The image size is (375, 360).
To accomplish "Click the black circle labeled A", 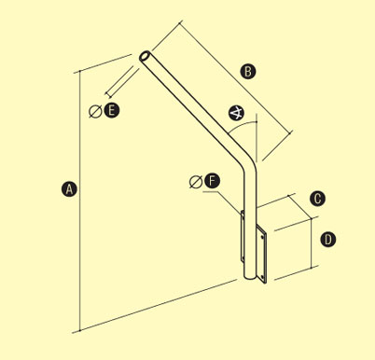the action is (x=69, y=188).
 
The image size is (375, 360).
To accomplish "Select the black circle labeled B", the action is (x=248, y=71).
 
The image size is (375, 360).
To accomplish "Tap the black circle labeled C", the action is (x=317, y=199).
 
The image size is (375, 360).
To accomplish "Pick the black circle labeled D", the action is (x=328, y=240).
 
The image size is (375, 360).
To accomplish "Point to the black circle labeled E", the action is (x=112, y=110).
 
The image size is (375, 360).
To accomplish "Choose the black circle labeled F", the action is (x=212, y=181).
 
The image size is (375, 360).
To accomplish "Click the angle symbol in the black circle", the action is (x=236, y=114).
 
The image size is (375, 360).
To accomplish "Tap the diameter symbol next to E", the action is (x=95, y=112).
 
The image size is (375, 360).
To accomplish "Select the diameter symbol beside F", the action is (x=196, y=182).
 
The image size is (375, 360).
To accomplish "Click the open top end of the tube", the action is (x=145, y=57).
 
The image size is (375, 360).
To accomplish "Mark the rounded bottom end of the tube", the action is (x=250, y=276).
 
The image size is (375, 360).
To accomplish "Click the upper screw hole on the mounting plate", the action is (x=263, y=237).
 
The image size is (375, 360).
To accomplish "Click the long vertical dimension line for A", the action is (x=80, y=201).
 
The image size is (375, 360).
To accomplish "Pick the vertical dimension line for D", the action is (x=312, y=242).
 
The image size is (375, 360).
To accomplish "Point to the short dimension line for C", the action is (x=300, y=207).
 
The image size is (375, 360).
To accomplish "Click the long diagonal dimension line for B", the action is (x=236, y=77).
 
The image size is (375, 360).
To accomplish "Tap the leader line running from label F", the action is (x=223, y=202).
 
